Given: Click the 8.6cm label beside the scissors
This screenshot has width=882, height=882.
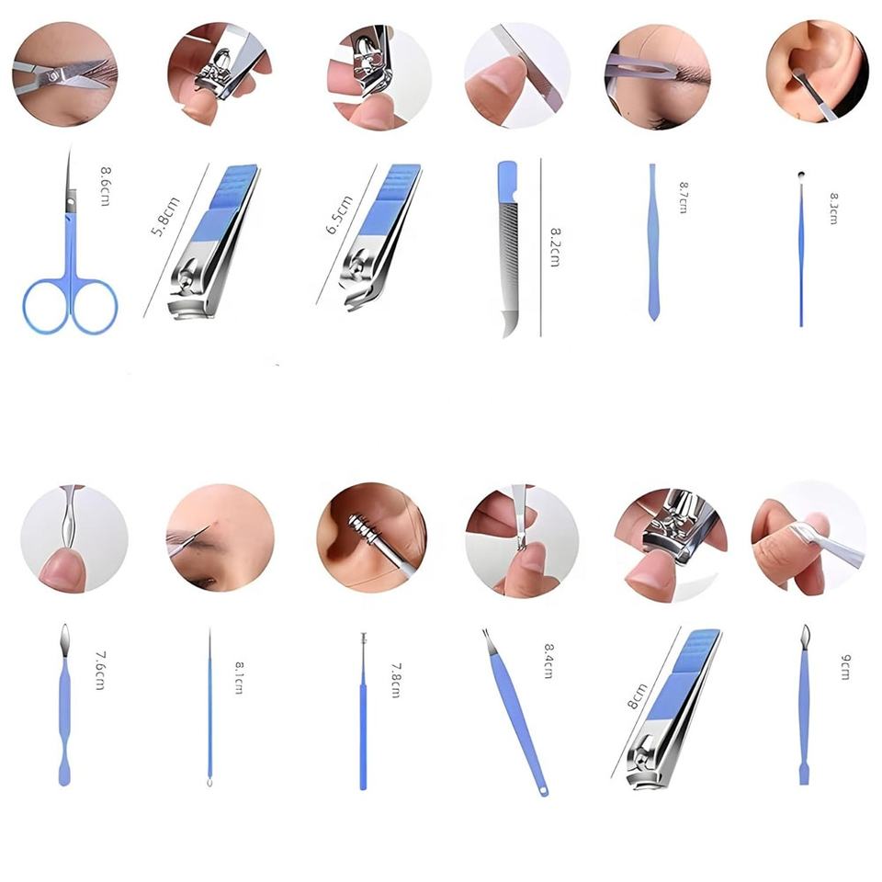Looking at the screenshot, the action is pyautogui.click(x=105, y=187).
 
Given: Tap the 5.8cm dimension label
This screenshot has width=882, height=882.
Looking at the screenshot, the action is pyautogui.click(x=165, y=217).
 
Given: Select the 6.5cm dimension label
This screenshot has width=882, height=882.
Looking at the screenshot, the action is pyautogui.click(x=339, y=215).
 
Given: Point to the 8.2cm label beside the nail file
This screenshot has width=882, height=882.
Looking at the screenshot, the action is pyautogui.click(x=555, y=247).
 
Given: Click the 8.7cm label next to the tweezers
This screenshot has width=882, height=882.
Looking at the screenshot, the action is pyautogui.click(x=684, y=198).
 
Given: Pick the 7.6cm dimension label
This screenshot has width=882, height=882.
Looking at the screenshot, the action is pyautogui.click(x=99, y=671).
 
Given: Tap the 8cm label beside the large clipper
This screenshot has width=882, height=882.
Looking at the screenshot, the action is pyautogui.click(x=638, y=696).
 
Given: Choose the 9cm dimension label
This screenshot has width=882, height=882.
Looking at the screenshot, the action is pyautogui.click(x=845, y=667).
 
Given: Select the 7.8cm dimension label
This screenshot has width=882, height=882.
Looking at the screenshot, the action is pyautogui.click(x=396, y=681).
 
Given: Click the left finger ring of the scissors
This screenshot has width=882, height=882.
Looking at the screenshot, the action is pyautogui.click(x=46, y=307).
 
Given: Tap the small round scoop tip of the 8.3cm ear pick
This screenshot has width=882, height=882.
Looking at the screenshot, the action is pyautogui.click(x=801, y=175).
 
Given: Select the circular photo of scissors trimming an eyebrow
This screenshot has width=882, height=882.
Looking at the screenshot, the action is pyautogui.click(x=65, y=73).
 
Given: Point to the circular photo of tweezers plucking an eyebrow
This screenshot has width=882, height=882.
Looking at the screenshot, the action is pyautogui.click(x=658, y=76).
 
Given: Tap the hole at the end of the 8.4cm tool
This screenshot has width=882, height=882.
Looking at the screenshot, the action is pyautogui.click(x=543, y=791).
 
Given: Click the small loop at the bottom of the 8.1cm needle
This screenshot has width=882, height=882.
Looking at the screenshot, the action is pyautogui.click(x=209, y=782).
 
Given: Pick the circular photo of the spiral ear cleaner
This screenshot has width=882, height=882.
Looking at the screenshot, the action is pyautogui.click(x=371, y=537).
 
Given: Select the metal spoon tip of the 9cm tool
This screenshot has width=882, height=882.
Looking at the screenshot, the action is pyautogui.click(x=806, y=635).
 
